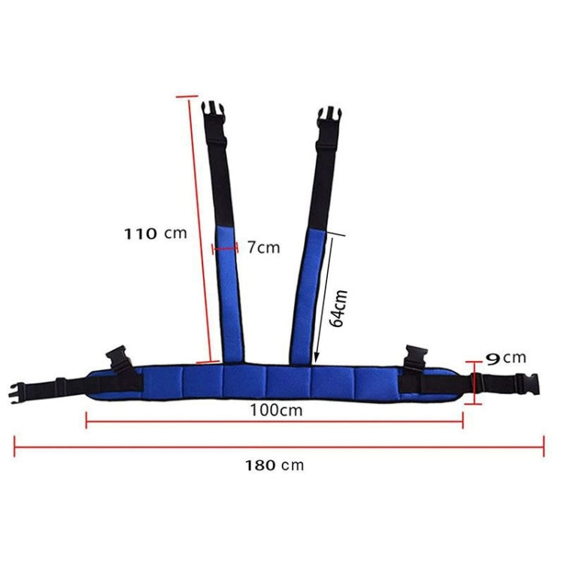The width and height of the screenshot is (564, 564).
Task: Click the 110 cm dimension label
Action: [155, 233]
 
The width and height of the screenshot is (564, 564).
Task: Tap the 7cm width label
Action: [263, 247]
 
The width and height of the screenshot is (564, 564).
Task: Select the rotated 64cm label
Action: [339, 308]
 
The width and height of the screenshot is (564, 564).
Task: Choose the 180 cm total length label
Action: [274, 465]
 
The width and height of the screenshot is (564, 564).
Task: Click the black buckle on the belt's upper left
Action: [120, 359]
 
